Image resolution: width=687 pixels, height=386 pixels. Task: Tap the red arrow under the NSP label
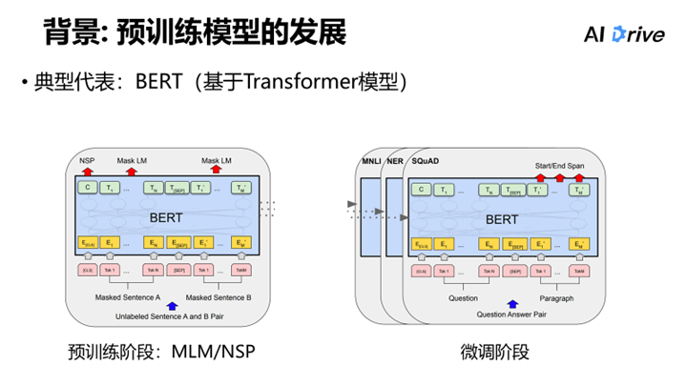tap(88, 170)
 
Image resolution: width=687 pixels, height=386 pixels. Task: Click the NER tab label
tap(395, 163)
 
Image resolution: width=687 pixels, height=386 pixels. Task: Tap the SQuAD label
tap(426, 163)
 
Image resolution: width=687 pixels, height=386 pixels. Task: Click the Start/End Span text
tap(560, 165)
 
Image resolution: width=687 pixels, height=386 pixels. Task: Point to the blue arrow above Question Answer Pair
tap(506, 304)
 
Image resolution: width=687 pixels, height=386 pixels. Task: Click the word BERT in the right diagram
tap(502, 218)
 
